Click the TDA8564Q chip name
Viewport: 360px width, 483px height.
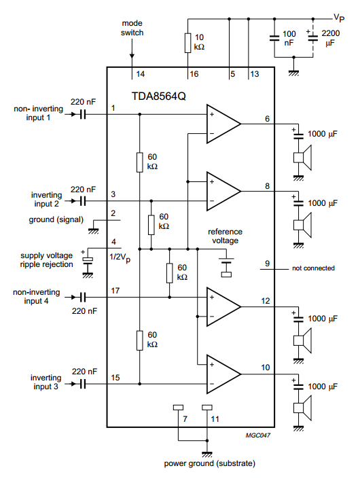158,96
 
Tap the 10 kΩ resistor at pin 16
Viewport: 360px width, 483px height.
188,43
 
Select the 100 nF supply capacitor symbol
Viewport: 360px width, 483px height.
274,38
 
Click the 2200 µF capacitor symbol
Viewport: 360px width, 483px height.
313,38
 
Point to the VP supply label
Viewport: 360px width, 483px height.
339,18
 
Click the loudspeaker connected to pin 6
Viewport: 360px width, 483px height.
302,158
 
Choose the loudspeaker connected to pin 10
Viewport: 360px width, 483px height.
302,408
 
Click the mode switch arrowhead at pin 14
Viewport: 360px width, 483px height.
132,56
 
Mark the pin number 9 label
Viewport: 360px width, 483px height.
268,264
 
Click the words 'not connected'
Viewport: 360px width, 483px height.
313,268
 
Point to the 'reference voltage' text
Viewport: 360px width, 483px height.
225,236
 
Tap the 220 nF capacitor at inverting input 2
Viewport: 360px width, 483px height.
83,201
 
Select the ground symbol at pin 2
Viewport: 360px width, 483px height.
93,231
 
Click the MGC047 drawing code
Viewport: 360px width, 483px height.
257,435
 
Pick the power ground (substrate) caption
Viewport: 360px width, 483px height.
210,463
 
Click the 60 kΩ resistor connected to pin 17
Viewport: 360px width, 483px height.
170,273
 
